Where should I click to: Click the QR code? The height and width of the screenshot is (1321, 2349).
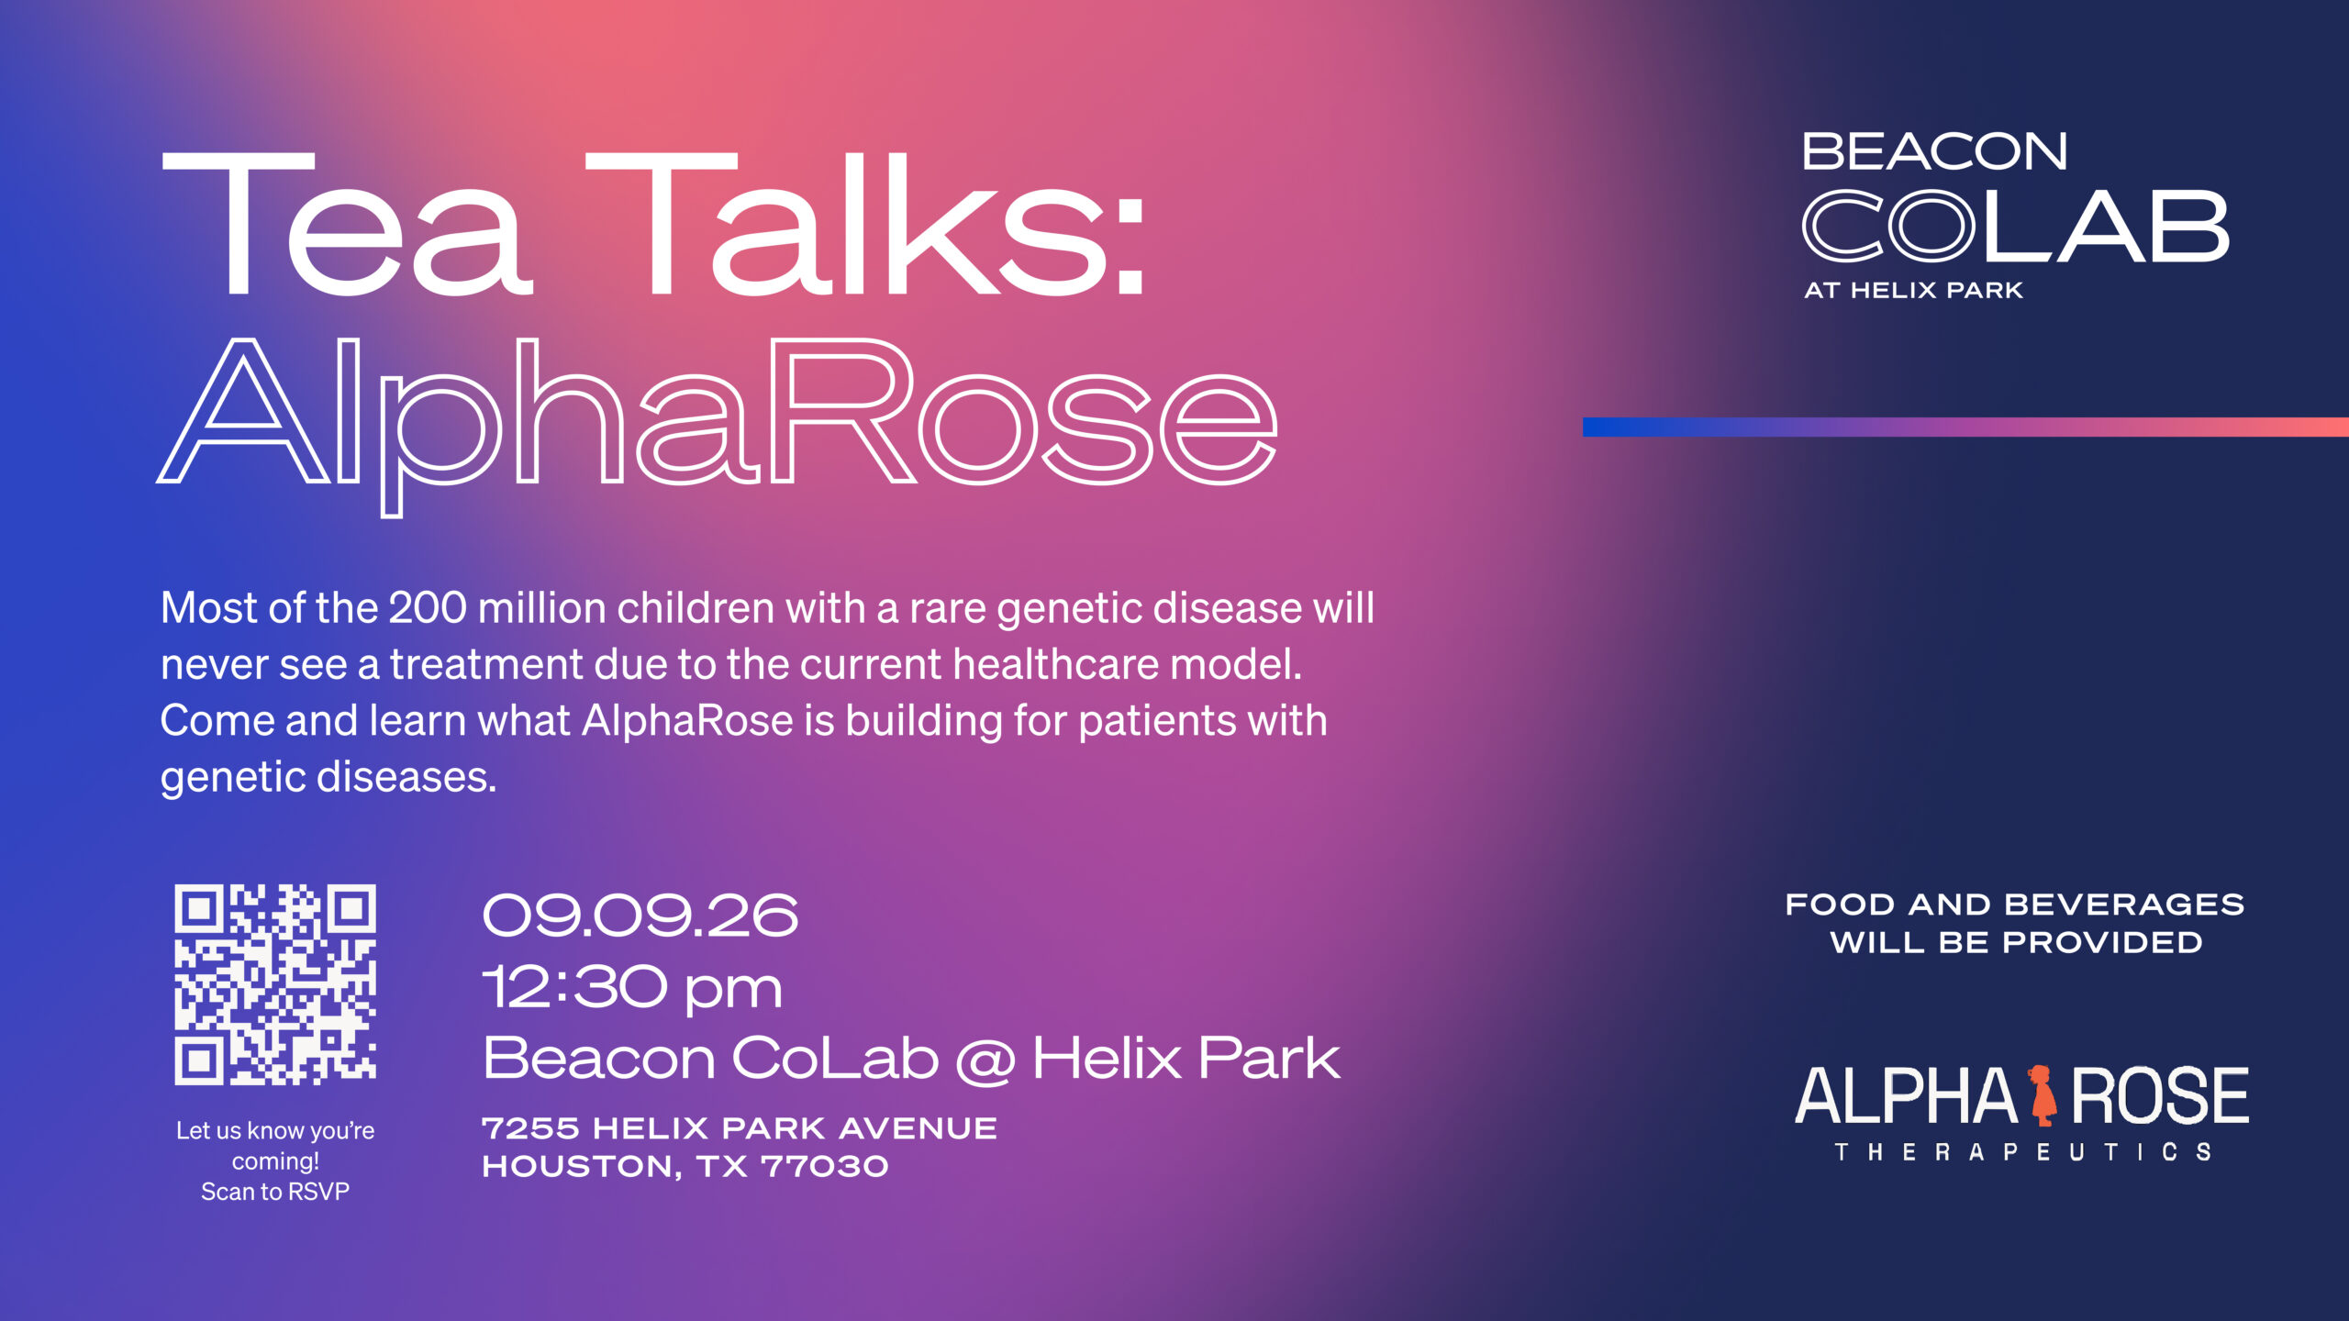click(x=275, y=984)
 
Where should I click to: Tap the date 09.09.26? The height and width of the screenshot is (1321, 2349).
click(x=640, y=916)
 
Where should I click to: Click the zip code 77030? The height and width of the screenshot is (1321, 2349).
click(x=825, y=1166)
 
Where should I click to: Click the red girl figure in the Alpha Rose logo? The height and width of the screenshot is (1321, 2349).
click(x=2043, y=1095)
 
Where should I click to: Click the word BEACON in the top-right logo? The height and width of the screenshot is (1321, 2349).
click(x=1934, y=151)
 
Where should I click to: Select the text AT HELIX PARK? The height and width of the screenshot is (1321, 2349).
click(x=1913, y=290)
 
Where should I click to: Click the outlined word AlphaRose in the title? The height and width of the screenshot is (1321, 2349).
click(x=718, y=422)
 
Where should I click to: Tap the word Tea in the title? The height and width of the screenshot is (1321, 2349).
click(x=347, y=225)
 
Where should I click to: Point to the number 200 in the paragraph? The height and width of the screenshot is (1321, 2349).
click(x=428, y=607)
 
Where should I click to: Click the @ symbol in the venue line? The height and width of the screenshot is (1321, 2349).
click(x=985, y=1060)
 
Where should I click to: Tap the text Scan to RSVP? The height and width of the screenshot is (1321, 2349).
click(x=275, y=1192)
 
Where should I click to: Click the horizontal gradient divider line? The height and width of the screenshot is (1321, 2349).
click(x=1965, y=427)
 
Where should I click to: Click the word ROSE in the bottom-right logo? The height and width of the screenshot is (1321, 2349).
click(x=2159, y=1095)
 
